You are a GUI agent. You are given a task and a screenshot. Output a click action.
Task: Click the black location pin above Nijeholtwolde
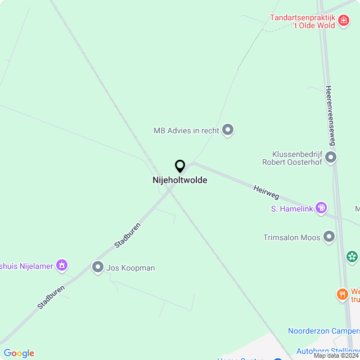pyautogui.click(x=180, y=166)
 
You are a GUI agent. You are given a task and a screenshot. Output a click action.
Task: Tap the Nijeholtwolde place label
pyautogui.click(x=180, y=181)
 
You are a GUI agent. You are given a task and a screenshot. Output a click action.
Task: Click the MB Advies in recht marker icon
pyautogui.click(x=228, y=130)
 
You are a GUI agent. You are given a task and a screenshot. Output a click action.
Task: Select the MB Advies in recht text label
pyautogui.click(x=186, y=130)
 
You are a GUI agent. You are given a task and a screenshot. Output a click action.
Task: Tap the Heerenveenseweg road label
pyautogui.click(x=331, y=116)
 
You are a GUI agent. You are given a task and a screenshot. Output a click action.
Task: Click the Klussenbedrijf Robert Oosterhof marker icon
pyautogui.click(x=331, y=157)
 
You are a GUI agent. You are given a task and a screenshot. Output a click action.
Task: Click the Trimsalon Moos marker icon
pyautogui.click(x=329, y=237)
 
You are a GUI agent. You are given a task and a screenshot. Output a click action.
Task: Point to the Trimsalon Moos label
pyautogui.click(x=292, y=237)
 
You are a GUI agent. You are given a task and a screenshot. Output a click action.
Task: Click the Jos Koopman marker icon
pyautogui.click(x=98, y=268)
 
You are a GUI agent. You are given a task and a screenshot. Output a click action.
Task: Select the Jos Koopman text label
pyautogui.click(x=131, y=268)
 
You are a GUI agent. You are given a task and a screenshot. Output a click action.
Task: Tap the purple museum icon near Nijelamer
pyautogui.click(x=62, y=264)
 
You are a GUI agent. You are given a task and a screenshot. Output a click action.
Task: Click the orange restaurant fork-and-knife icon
pyautogui.click(x=341, y=294)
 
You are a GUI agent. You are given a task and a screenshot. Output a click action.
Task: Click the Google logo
pyautogui.click(x=19, y=353)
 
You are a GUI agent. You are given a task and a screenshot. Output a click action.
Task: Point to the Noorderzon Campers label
pyautogui.click(x=323, y=331)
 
